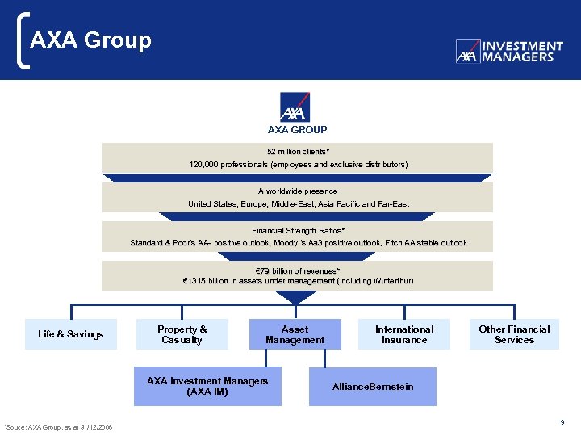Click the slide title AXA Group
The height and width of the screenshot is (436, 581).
[90, 40]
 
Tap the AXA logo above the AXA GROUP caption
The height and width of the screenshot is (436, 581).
[297, 107]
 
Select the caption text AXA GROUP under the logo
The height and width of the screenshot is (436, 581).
[297, 129]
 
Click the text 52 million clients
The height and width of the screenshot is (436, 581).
[298, 151]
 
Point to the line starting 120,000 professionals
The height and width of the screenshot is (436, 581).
[298, 164]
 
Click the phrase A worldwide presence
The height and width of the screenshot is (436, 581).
[298, 191]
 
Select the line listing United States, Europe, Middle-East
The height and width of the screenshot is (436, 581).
[298, 204]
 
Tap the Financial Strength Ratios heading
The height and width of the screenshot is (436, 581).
[298, 230]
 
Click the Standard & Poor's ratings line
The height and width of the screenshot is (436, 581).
[298, 243]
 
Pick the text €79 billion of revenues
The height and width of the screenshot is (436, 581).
[298, 270]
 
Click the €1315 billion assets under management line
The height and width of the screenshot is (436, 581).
[298, 281]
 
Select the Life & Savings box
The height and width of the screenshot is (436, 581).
[71, 334]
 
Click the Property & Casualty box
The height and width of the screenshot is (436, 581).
[182, 334]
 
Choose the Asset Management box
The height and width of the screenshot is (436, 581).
[295, 334]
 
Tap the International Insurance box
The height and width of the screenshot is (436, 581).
[403, 334]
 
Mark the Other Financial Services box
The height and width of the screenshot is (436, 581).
[514, 334]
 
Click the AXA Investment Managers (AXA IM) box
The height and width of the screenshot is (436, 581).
[207, 386]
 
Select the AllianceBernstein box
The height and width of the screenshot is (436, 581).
[373, 387]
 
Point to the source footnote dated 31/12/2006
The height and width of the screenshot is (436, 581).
[58, 426]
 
